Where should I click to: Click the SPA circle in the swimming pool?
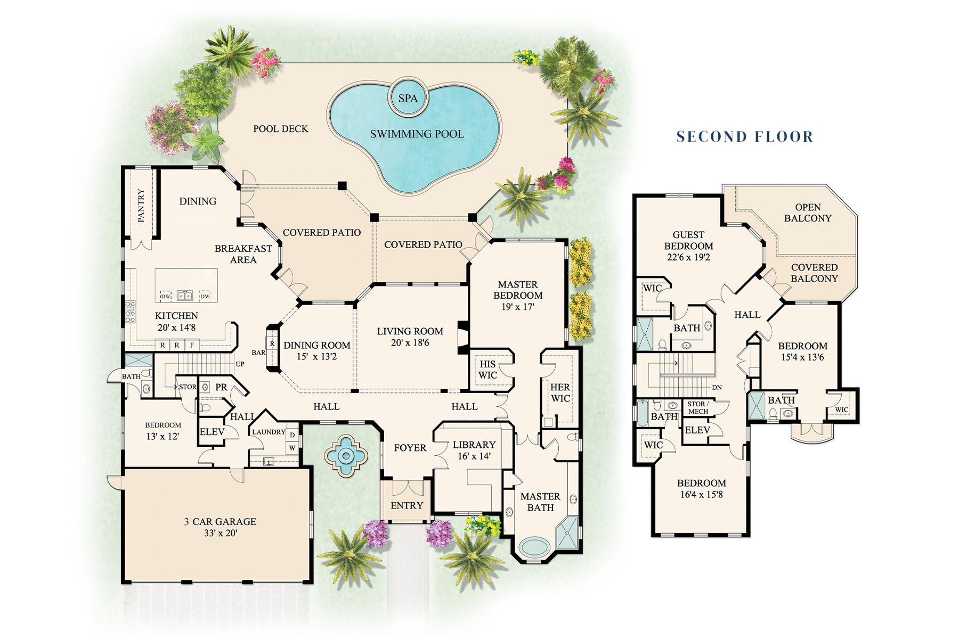pos(408,97)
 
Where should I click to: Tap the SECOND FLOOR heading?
pos(745,137)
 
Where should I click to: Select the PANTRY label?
pos(141,205)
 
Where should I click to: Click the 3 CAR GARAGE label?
pos(220,522)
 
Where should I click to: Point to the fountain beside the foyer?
pos(346,455)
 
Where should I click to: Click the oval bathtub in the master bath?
pos(537,547)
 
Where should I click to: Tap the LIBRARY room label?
pos(474,445)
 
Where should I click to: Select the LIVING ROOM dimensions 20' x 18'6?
pos(410,343)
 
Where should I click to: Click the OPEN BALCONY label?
pos(808,212)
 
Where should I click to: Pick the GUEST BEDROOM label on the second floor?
pos(688,240)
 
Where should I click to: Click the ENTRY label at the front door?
pos(407,505)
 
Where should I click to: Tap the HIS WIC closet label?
pos(487,370)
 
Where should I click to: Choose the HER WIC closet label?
pos(560,392)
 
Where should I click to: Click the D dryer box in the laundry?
pos(292,435)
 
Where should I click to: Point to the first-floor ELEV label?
pos(212,432)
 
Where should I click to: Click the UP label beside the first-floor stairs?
pos(240,364)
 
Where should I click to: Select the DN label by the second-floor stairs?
pos(717,387)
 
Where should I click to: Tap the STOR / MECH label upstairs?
pos(698,408)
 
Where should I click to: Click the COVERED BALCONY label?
pos(814,273)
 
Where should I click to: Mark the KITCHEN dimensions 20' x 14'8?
pos(176,327)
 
